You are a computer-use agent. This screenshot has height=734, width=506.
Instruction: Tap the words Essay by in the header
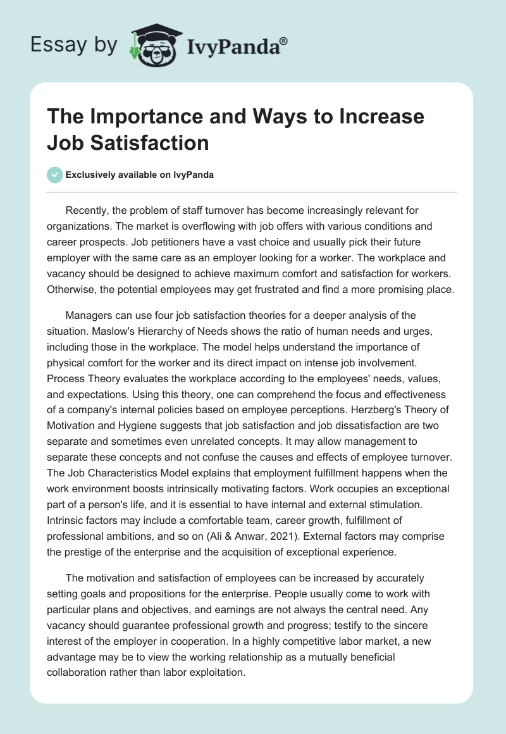tap(74, 45)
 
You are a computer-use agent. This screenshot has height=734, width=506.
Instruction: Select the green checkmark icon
tap(54, 175)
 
